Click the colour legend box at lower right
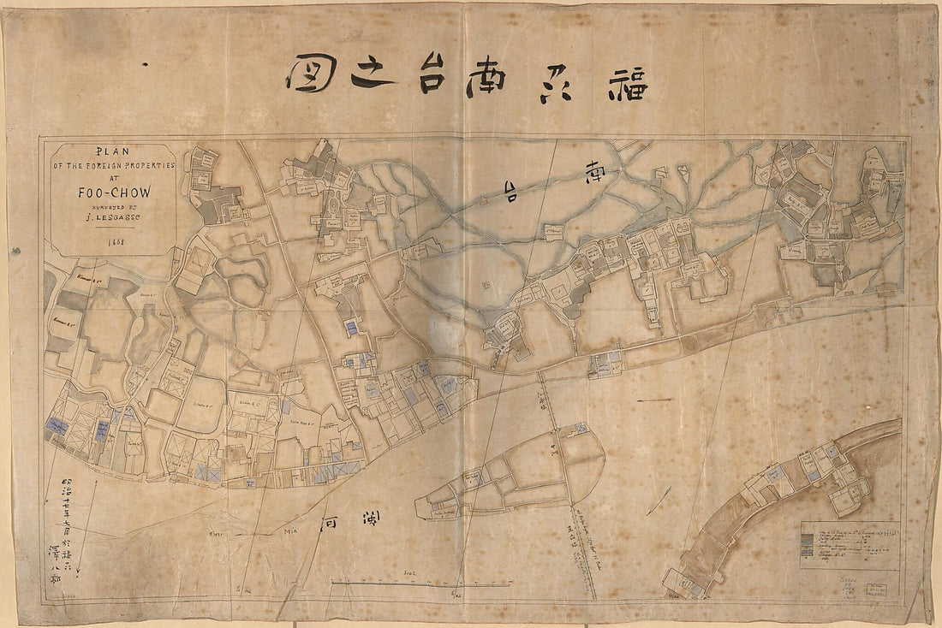[x=850, y=546]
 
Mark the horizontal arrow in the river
[x=655, y=400]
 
